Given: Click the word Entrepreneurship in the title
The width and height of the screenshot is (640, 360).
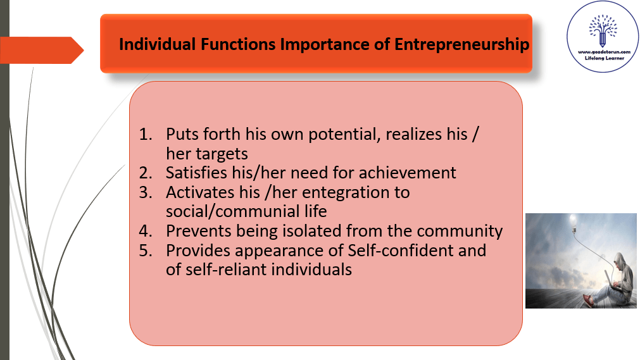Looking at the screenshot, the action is tap(461, 44).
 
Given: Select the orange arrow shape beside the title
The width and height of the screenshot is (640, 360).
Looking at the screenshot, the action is tap(42, 50).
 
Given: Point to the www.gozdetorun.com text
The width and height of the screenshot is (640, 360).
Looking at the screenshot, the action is tap(604, 53).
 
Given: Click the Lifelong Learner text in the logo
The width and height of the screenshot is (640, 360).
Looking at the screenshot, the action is tap(605, 58).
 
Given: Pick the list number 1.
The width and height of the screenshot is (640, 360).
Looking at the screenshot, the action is tap(146, 134).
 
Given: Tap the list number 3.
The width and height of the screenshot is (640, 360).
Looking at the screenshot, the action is tap(146, 192).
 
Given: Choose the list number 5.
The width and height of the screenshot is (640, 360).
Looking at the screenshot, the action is tap(146, 251).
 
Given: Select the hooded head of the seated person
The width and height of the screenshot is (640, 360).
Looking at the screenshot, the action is tap(620, 262).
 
